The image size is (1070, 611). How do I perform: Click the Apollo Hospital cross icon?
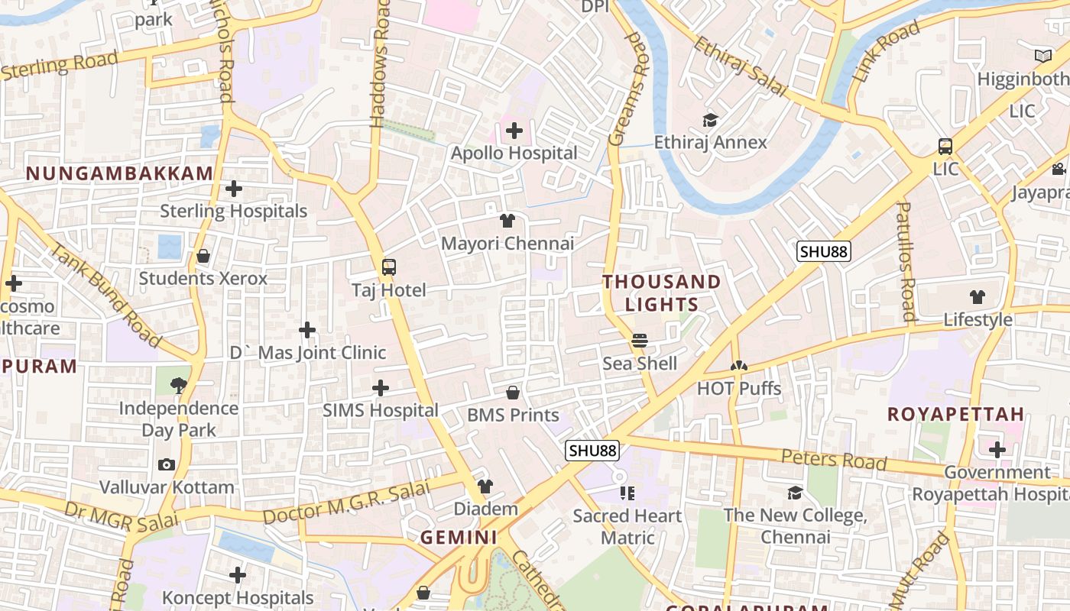click(x=514, y=131)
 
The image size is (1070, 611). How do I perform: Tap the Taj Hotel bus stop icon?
click(x=388, y=267)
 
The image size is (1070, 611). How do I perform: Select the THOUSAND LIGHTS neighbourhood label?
click(x=662, y=293)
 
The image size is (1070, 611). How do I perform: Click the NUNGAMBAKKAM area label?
click(x=119, y=173)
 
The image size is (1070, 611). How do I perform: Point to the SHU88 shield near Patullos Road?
click(x=824, y=251)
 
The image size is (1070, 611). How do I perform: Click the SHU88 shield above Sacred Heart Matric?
click(x=592, y=451)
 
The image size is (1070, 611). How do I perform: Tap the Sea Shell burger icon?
click(x=640, y=340)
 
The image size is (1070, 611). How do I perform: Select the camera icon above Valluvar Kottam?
click(x=166, y=464)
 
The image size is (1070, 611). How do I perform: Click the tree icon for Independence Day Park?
click(x=178, y=385)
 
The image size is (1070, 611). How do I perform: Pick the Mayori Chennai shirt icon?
click(x=507, y=221)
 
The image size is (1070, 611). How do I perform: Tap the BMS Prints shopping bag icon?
click(x=513, y=393)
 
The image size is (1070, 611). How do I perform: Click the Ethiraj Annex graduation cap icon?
click(x=710, y=120)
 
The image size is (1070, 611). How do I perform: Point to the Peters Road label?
click(x=834, y=460)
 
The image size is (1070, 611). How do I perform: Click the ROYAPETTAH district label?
click(x=955, y=415)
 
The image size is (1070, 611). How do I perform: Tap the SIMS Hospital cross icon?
click(x=380, y=388)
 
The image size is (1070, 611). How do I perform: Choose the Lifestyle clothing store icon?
click(x=978, y=297)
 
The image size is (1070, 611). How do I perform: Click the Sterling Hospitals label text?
click(x=233, y=211)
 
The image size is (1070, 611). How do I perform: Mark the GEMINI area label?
click(x=459, y=538)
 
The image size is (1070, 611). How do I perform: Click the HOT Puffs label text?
click(x=739, y=389)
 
